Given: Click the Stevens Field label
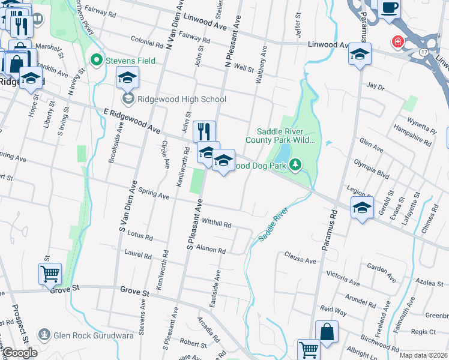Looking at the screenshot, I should pos(130,61).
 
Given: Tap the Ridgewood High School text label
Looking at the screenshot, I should pos(181,100).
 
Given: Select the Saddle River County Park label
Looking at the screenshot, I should pos(285,136).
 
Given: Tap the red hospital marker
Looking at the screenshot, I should pos(397,41).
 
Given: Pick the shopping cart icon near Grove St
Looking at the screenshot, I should pos(50,274).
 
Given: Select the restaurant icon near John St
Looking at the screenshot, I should pos(204,131).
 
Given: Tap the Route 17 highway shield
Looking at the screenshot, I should pos(424,52).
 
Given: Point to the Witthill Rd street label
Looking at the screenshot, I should pos(217,223).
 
